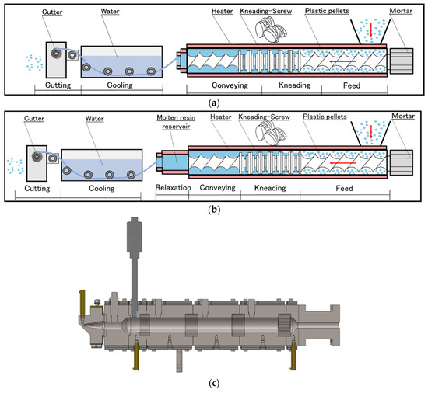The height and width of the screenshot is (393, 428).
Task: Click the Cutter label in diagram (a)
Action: (52, 12)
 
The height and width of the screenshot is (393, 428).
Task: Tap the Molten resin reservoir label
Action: (176, 122)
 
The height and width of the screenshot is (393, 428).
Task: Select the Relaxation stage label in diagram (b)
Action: (173, 188)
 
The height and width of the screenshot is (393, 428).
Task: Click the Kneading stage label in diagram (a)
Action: (294, 85)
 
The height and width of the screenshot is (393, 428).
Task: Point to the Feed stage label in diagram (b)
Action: (344, 188)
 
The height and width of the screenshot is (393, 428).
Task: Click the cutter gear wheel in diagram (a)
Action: (56, 53)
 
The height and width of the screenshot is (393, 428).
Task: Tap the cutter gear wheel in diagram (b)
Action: (37, 157)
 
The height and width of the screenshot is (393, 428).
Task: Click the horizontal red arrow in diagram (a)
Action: (342, 61)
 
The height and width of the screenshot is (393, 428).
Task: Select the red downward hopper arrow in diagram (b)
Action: (371, 131)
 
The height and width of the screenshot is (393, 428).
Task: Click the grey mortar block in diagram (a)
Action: (402, 61)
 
